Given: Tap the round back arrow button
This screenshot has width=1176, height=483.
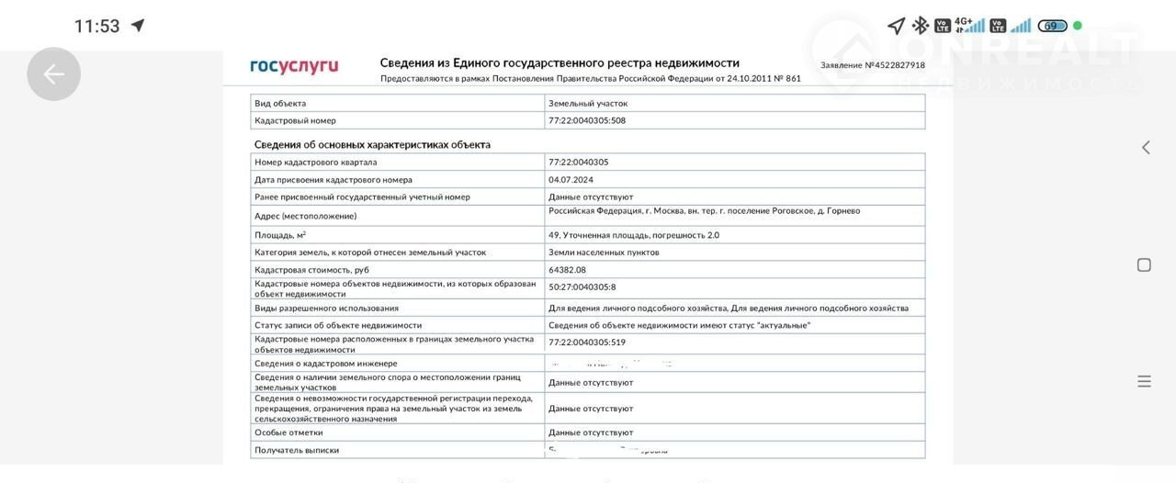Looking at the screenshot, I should [x=53, y=74].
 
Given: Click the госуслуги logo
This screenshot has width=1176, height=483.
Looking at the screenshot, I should [x=294, y=66].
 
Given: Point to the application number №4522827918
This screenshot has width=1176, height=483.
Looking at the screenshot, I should [x=873, y=65].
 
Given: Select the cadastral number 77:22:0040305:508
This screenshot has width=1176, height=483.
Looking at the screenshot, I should [x=587, y=120].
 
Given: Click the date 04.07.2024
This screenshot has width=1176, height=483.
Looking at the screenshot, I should [x=571, y=180].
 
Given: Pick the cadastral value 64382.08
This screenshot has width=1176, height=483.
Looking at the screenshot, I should [x=567, y=270].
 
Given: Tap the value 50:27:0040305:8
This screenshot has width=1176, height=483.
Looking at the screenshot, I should [x=582, y=287].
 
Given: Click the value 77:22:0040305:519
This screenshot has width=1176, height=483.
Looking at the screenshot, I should [x=587, y=343].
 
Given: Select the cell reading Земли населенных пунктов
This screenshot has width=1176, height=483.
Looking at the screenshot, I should [x=604, y=253].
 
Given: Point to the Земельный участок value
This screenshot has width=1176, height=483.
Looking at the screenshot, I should [x=588, y=104].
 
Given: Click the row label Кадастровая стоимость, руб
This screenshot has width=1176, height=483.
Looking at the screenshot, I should [x=311, y=270].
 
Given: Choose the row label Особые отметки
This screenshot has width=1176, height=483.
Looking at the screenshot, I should [x=288, y=432].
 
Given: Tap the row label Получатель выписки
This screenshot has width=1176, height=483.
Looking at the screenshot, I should [x=297, y=450].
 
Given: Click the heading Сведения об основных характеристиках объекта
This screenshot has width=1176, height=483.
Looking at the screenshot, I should [x=372, y=145].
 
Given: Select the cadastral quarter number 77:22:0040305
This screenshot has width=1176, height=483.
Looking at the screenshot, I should [x=579, y=163].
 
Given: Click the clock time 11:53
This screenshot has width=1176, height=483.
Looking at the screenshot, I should [x=96, y=26].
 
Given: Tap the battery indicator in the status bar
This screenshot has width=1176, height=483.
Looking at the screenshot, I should [x=1052, y=26].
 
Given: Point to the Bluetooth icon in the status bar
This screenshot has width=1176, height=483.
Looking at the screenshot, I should [x=920, y=26].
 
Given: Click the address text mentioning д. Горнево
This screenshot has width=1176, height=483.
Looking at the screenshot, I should [x=704, y=211].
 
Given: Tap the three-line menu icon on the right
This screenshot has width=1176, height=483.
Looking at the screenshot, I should [x=1144, y=381].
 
